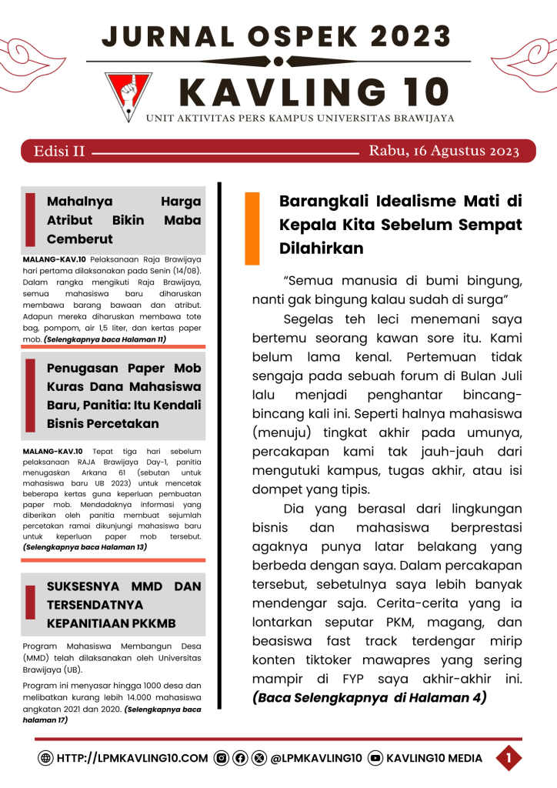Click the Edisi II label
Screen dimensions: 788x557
coord(59,151)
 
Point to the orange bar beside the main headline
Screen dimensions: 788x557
coord(252,228)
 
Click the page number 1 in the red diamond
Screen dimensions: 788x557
coord(509,758)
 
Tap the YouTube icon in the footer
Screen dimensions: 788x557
coord(375,758)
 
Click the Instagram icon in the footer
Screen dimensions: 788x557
coord(222,758)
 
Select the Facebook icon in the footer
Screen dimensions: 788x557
coord(240,758)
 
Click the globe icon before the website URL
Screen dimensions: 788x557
coord(46,758)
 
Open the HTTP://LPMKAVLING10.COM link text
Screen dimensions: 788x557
coord(132,758)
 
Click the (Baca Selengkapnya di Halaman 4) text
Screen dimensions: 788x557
coord(369,698)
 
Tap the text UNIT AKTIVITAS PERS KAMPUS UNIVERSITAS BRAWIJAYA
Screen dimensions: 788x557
coord(300,118)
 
